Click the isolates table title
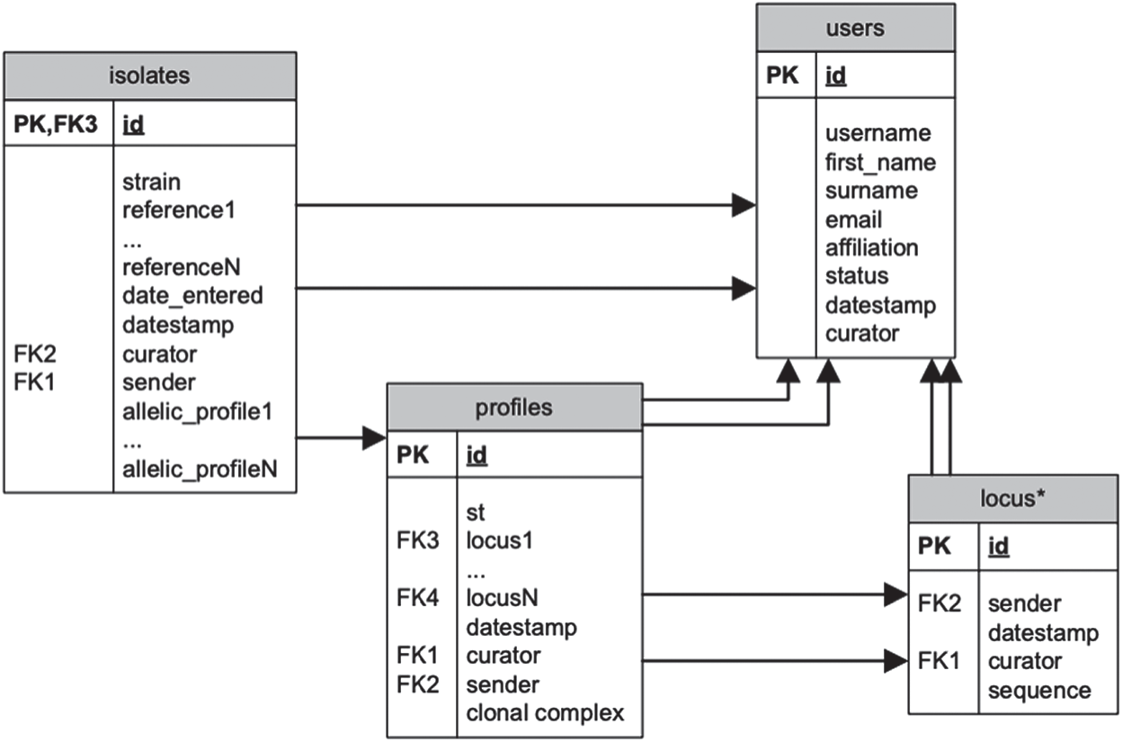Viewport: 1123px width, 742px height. click(x=149, y=76)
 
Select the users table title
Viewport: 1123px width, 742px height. click(x=855, y=28)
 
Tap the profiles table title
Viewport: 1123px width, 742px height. click(x=514, y=407)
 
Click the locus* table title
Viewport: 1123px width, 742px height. click(x=1012, y=498)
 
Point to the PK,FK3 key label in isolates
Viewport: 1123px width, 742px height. click(x=56, y=124)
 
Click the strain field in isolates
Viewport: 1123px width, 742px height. click(x=151, y=182)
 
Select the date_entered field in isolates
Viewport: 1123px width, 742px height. click(x=192, y=296)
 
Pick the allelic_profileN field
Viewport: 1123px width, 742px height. click(x=200, y=469)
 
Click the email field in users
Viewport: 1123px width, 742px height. click(x=853, y=219)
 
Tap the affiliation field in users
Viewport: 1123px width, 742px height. click(x=872, y=248)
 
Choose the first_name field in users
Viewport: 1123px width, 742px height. click(x=880, y=163)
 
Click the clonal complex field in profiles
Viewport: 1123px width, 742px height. click(x=545, y=713)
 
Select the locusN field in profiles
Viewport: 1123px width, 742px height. click(x=502, y=597)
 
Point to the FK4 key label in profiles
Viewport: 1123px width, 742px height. click(x=417, y=597)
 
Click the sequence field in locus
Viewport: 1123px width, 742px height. click(x=1039, y=692)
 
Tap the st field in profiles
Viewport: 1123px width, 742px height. click(x=476, y=513)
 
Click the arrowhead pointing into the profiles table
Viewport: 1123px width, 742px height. click(x=374, y=438)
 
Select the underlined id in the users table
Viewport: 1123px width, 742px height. click(x=836, y=76)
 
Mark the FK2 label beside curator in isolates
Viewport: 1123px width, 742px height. click(x=34, y=354)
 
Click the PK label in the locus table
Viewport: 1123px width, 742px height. click(x=934, y=546)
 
